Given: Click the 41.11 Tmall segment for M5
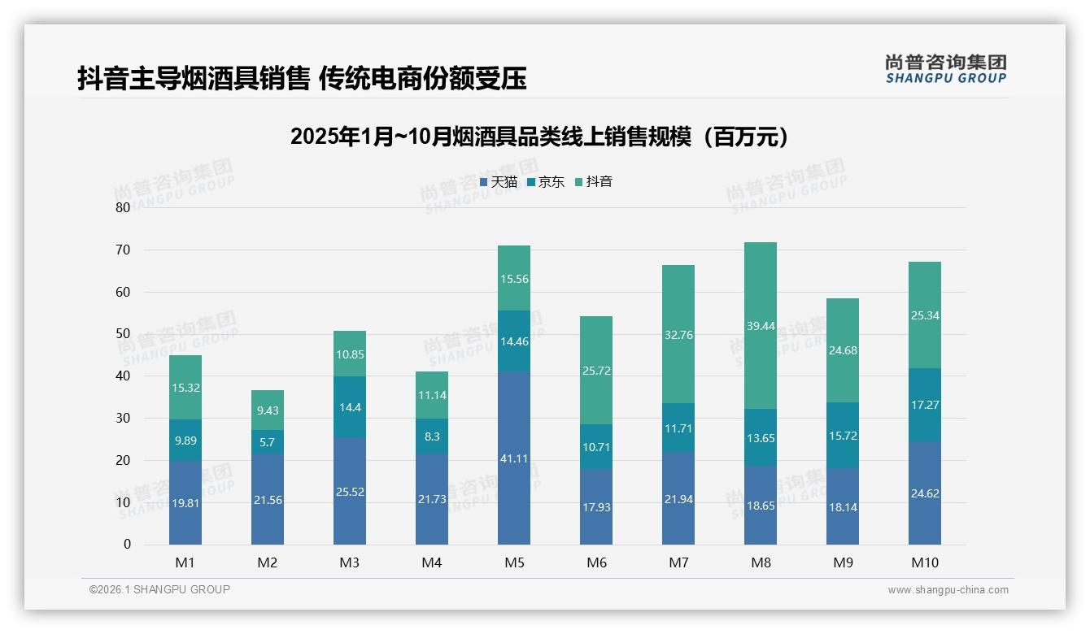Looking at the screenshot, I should click(513, 458).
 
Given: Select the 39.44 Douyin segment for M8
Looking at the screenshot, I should click(760, 325).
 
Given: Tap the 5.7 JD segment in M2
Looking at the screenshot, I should click(268, 441).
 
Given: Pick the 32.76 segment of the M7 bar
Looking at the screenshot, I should click(678, 334).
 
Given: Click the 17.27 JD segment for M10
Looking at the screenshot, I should click(924, 405).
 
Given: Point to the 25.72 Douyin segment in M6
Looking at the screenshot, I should click(596, 371).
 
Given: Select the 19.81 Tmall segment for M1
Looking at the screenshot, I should click(185, 502).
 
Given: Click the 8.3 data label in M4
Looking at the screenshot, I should click(432, 436).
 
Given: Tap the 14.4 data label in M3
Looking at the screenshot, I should click(350, 407).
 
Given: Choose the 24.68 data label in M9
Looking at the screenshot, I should click(842, 350).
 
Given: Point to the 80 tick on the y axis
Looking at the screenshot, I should click(123, 207).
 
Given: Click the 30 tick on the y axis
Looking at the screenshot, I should click(123, 418).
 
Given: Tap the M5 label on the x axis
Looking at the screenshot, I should click(513, 562).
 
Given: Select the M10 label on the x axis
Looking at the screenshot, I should click(924, 562).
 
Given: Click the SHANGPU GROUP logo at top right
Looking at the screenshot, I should click(945, 69).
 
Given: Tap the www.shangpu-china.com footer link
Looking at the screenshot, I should click(948, 590).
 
